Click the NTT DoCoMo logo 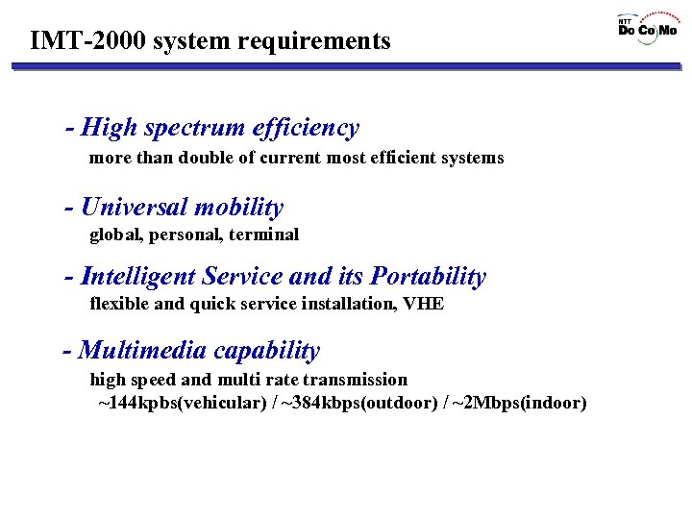pyautogui.click(x=647, y=26)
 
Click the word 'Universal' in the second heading pyautogui.click(x=135, y=208)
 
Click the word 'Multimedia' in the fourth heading pyautogui.click(x=143, y=351)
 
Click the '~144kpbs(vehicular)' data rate pyautogui.click(x=183, y=403)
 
